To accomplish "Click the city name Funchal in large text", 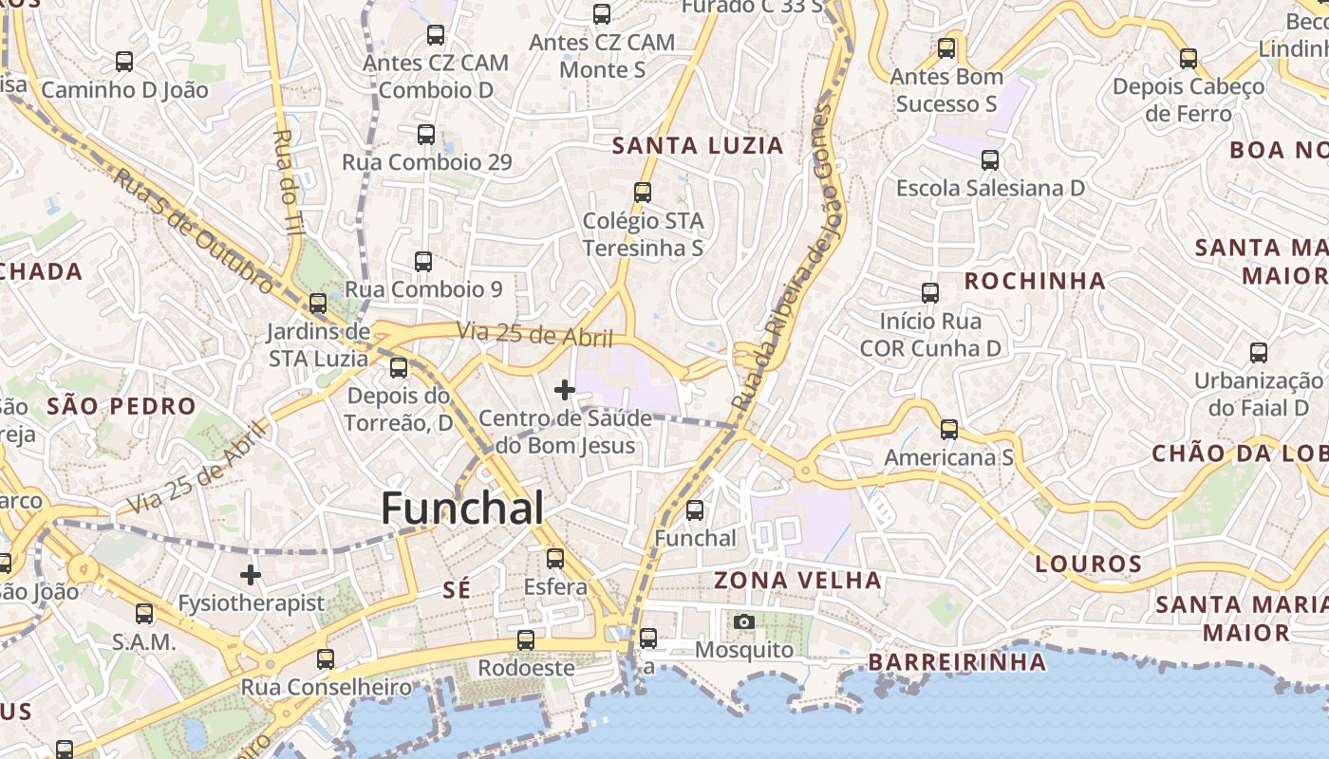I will [462, 509].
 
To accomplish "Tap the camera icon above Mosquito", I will [744, 621].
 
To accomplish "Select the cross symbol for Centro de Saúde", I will [565, 389].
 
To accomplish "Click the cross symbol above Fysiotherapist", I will [251, 574].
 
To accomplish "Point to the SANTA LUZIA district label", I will [698, 145].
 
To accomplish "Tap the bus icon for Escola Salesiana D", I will [990, 159].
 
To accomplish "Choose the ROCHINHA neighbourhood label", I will [1035, 281].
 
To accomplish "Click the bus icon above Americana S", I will [948, 429].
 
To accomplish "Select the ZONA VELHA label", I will [797, 580].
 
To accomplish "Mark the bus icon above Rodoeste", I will [526, 639].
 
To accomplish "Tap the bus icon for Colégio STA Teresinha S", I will [643, 192].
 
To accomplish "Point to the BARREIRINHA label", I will [957, 661].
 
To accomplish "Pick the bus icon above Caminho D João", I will [124, 61].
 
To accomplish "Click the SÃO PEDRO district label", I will [122, 406].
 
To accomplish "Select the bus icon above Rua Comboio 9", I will [423, 261].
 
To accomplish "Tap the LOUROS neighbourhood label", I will [1088, 565].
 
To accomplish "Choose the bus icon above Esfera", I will [555, 558].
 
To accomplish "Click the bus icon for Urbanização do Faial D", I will [1258, 352].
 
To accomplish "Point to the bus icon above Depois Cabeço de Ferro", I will [1189, 58].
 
